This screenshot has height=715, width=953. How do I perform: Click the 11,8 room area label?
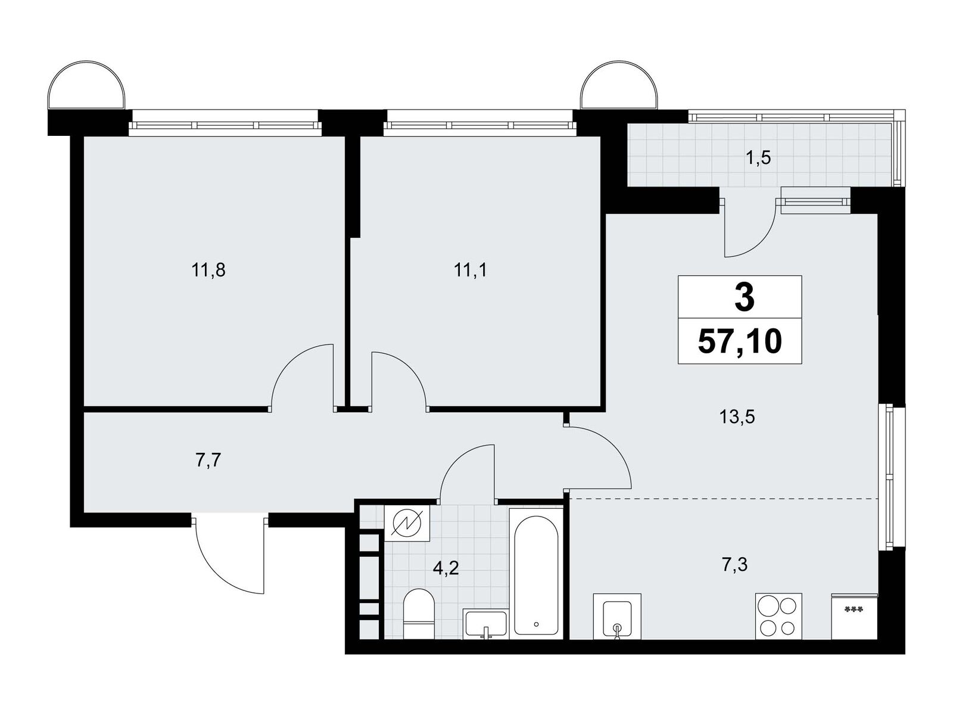click(208, 271)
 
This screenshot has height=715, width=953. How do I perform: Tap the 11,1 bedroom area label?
click(471, 271)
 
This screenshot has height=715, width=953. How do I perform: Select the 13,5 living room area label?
click(737, 417)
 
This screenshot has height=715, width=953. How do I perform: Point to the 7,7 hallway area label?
click(209, 460)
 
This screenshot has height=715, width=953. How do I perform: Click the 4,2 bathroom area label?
click(446, 568)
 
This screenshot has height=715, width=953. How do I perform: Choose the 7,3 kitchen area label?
click(734, 565)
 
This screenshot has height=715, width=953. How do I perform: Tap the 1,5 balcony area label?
click(758, 158)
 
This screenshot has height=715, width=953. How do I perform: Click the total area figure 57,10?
click(740, 341)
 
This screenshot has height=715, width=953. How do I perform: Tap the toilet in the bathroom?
click(419, 614)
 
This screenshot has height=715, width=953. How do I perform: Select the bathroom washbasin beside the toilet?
click(485, 624)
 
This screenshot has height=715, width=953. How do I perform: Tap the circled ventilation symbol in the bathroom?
click(407, 524)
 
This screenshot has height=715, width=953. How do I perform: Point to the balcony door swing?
click(750, 229)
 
